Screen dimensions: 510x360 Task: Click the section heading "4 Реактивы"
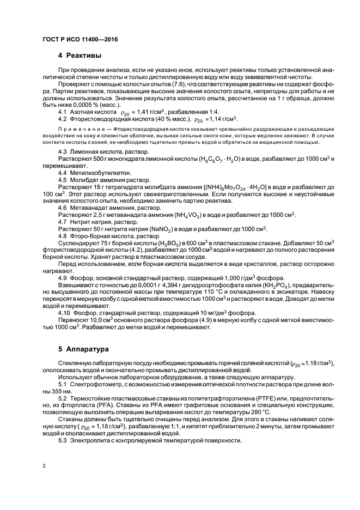point(79,56)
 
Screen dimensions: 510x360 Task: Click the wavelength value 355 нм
point(63,391)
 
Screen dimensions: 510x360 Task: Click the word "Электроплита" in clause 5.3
point(90,440)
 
